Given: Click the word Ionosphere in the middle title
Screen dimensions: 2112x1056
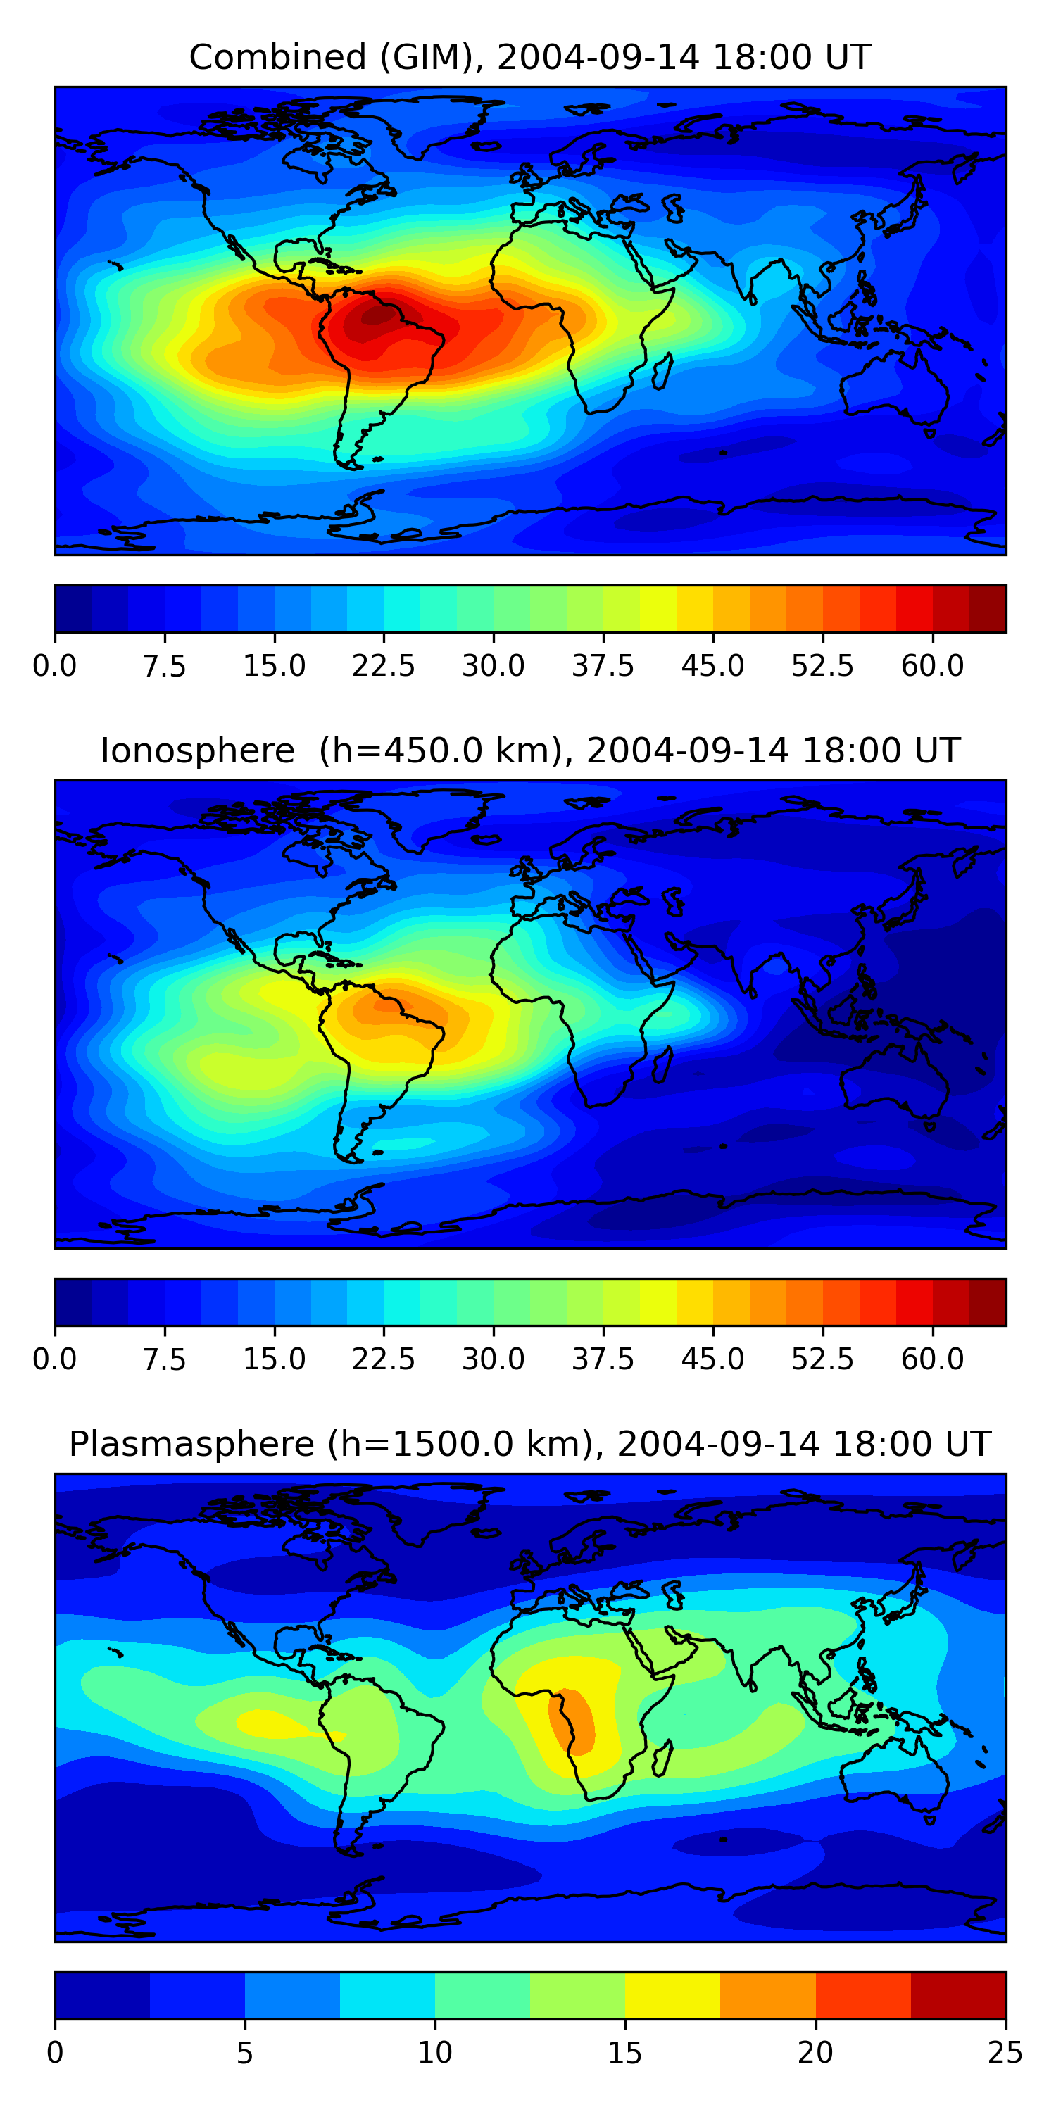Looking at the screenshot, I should (x=197, y=751).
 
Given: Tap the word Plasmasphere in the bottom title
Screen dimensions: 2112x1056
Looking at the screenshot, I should (x=191, y=1444).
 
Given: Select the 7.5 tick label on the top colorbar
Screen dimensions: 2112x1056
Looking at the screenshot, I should (x=164, y=666).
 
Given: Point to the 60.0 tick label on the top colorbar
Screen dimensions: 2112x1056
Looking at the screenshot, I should (x=932, y=666).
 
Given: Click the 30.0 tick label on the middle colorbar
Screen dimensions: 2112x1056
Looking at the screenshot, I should (x=493, y=1359).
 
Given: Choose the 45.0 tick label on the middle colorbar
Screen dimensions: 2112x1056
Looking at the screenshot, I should (x=712, y=1359).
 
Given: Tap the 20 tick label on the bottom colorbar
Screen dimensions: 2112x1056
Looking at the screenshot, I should (x=815, y=2053).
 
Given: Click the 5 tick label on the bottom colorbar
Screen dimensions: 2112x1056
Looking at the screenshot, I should (x=244, y=2053).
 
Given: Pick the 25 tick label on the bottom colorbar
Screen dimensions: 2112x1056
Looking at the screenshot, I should (x=1005, y=2053).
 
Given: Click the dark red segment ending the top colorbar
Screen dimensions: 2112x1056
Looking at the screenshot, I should (x=987, y=609).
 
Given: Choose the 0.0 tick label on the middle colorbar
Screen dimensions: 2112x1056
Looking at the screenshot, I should (x=55, y=1359).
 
